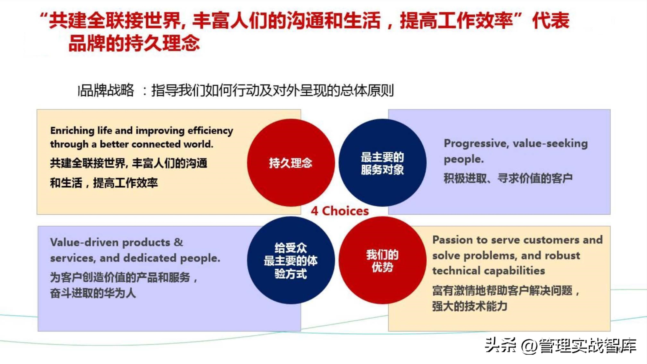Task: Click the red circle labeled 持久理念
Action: pyautogui.click(x=291, y=163)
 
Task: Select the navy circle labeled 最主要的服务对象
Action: pyautogui.click(x=382, y=163)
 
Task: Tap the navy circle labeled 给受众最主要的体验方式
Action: pyautogui.click(x=291, y=260)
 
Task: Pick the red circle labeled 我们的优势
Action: pyautogui.click(x=382, y=260)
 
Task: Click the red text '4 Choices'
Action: pyautogui.click(x=340, y=211)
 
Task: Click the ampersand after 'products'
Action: pyautogui.click(x=178, y=242)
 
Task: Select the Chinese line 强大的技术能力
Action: pyautogui.click(x=470, y=306)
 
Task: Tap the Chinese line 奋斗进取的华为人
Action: pyautogui.click(x=93, y=293)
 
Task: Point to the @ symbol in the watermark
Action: pyautogui.click(x=529, y=346)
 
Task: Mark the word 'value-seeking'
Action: pyautogui.click(x=550, y=144)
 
